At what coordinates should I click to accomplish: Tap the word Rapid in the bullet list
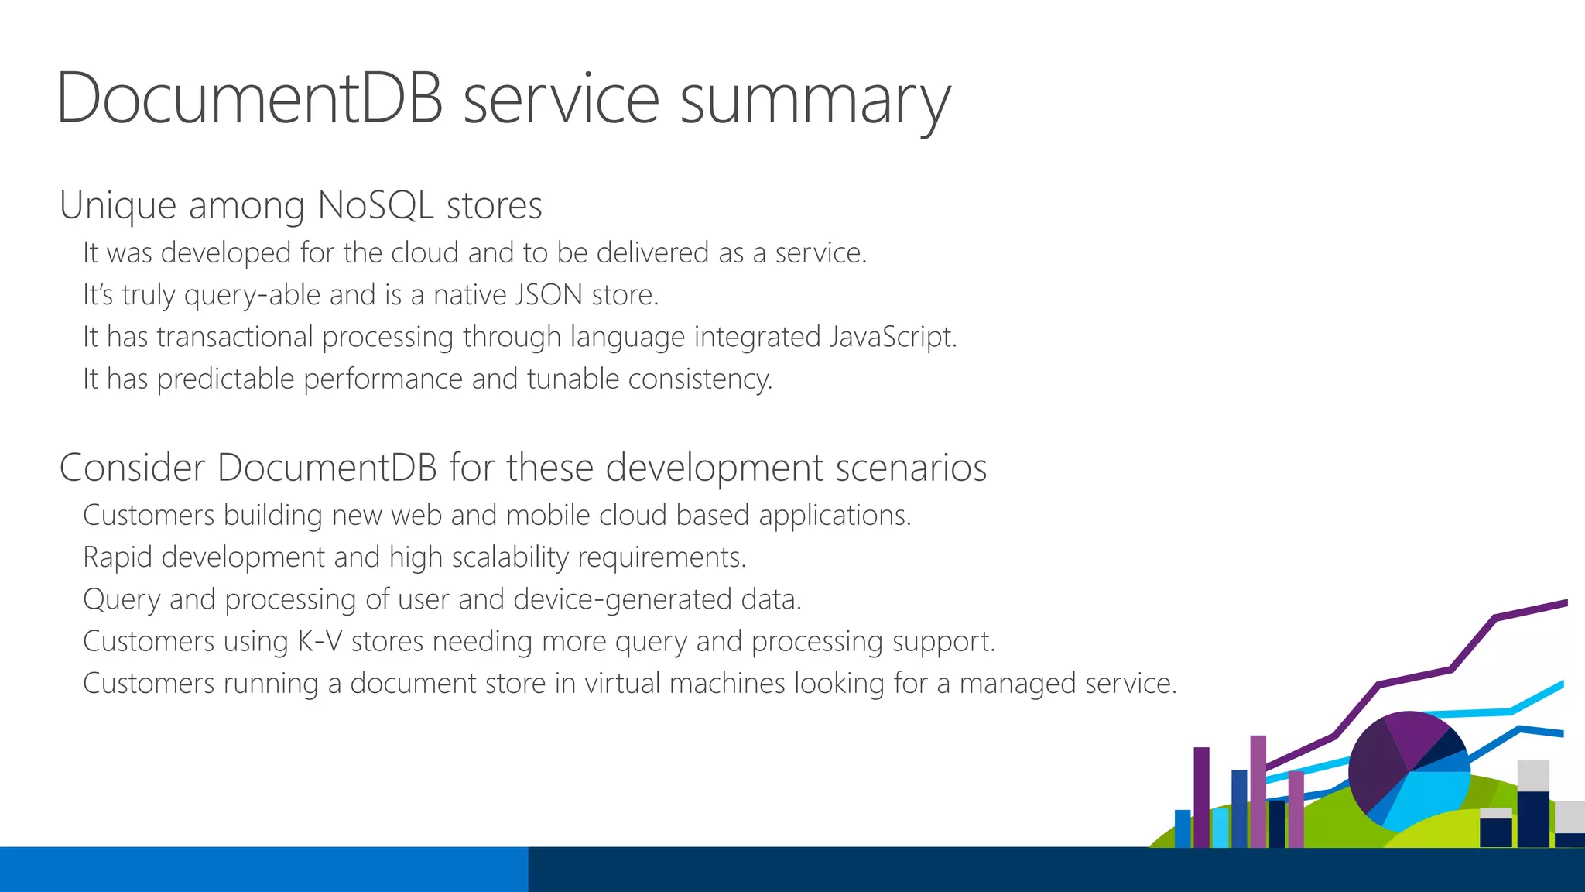(118, 557)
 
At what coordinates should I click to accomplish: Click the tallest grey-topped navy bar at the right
(1532, 805)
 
